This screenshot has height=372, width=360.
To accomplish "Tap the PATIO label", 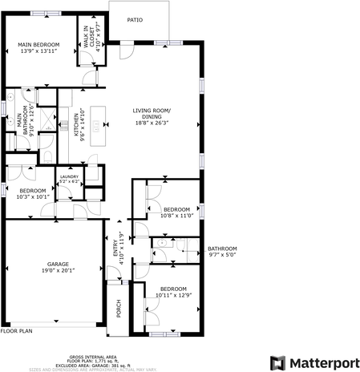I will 136,19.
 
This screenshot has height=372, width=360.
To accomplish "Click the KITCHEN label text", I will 77,125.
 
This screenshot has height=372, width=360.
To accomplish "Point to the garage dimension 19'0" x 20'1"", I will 57,270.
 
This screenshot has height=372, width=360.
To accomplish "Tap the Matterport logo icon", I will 278,362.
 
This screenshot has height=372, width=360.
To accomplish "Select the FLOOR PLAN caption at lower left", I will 16,330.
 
